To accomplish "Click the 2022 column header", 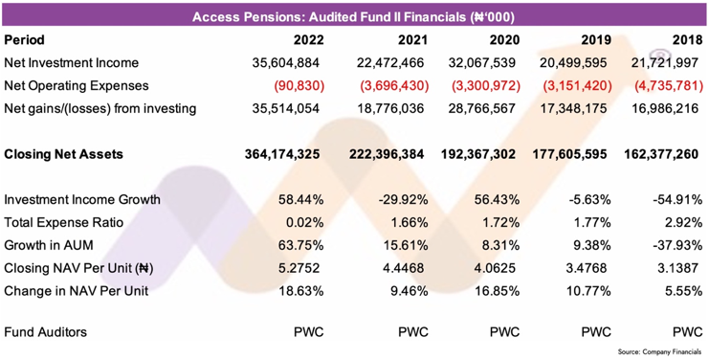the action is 309,40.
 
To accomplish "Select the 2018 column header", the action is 687,40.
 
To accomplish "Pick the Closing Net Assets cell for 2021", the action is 387,154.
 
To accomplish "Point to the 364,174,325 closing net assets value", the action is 282,154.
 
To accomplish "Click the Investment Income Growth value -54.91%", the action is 680,199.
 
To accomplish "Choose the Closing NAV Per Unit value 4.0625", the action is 495,268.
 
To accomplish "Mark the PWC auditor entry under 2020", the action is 504,332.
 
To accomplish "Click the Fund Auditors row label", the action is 46,332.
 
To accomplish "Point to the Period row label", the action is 25,40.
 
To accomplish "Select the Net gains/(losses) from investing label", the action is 100,108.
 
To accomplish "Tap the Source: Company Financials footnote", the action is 660,351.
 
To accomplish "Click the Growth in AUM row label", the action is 49,245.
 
